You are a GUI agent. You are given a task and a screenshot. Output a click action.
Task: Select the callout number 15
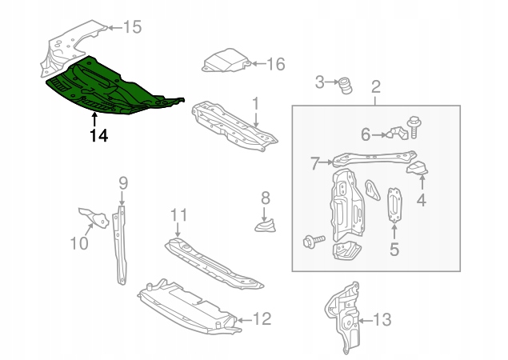coord(132,27)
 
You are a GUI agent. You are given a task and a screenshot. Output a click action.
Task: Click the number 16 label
coord(275,64)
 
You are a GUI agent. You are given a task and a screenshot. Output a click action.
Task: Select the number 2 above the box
coord(375,86)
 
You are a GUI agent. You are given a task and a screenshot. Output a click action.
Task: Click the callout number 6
coord(366,134)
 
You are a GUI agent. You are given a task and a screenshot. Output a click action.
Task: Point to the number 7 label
coord(316,165)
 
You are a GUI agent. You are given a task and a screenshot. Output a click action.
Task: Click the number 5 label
coord(394,250)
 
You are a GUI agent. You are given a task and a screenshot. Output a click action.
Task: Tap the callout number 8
coord(265,197)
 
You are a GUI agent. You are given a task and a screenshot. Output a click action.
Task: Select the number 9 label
coord(122,184)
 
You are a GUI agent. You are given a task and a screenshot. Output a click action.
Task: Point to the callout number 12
coord(262,319)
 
